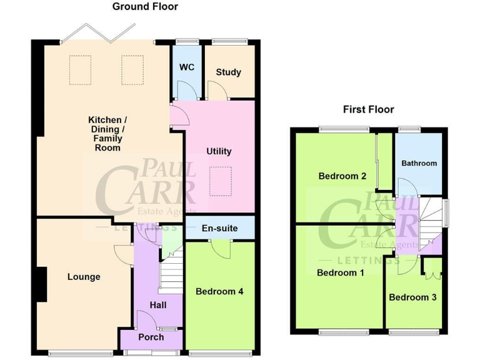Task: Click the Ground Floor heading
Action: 145,7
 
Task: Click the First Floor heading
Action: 369,109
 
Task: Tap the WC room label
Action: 186,67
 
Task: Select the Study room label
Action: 228,72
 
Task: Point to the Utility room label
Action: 219,151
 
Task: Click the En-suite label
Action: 219,228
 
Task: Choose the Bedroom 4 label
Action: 219,292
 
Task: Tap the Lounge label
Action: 84,277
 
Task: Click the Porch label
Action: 151,337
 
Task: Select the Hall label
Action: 157,304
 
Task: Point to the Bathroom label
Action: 419,163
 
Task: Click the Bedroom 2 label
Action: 342,176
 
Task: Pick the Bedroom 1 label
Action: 341,272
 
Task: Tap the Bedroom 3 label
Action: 412,297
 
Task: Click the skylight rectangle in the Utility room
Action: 219,181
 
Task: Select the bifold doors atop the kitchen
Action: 99,32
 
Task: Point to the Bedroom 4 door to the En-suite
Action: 220,248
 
